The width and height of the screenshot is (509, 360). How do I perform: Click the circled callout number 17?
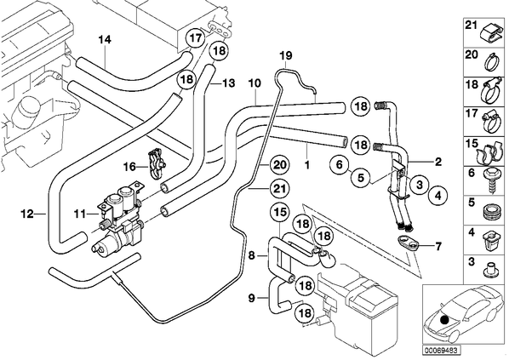[196, 38]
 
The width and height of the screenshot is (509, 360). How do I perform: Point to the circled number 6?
[340, 164]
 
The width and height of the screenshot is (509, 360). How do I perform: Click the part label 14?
[105, 40]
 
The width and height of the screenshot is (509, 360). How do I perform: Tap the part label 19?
[286, 55]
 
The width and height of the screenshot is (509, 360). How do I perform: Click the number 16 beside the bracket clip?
[130, 168]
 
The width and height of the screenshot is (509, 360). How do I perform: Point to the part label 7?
[438, 247]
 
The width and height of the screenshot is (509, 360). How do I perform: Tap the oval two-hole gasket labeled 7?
[407, 243]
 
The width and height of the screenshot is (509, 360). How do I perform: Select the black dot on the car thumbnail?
[444, 320]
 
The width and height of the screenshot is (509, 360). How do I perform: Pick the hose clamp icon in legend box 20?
[492, 61]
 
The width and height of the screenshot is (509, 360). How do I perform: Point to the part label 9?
[252, 298]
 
